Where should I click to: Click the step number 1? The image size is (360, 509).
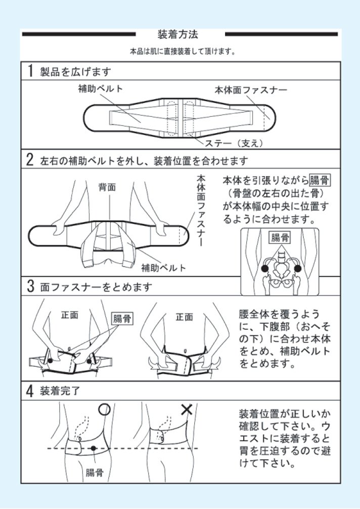pyautogui.click(x=30, y=71)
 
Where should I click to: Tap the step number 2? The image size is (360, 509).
pyautogui.click(x=30, y=160)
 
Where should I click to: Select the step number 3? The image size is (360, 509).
pyautogui.click(x=30, y=287)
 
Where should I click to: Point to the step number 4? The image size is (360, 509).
pyautogui.click(x=30, y=391)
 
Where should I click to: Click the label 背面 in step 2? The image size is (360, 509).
pyautogui.click(x=107, y=187)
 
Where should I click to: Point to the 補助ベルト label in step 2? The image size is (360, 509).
pyautogui.click(x=163, y=268)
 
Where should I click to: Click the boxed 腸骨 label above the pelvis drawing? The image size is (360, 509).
pyautogui.click(x=279, y=237)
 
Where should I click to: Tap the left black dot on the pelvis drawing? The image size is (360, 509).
pyautogui.click(x=264, y=268)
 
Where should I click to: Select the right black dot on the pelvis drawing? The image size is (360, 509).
pyautogui.click(x=297, y=268)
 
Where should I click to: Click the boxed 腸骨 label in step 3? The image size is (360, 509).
pyautogui.click(x=122, y=318)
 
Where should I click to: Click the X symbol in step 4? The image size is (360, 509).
pyautogui.click(x=188, y=408)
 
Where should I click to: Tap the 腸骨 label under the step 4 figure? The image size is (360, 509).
pyautogui.click(x=95, y=473)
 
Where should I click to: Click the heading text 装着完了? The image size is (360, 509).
pyautogui.click(x=60, y=391)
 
